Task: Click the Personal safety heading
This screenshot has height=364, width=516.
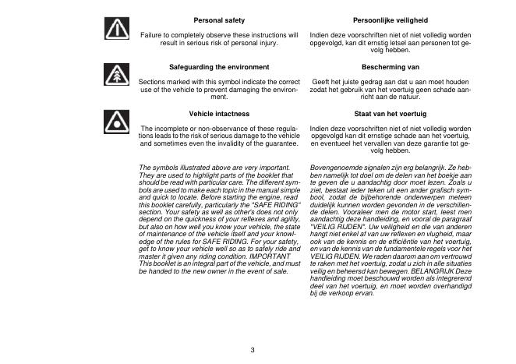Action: coord(219,19)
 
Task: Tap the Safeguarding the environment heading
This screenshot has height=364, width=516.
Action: coord(219,67)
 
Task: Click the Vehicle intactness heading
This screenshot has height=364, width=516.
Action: coord(219,114)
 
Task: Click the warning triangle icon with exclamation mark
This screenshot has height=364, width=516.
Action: coord(117,29)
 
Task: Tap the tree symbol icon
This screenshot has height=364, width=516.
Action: coord(117,76)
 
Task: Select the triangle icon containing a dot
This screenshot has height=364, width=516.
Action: coord(117,122)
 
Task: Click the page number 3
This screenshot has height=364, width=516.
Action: coord(253,348)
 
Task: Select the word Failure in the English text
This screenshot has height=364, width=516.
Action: coord(151,35)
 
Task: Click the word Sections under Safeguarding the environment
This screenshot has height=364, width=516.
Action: coord(153,82)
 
